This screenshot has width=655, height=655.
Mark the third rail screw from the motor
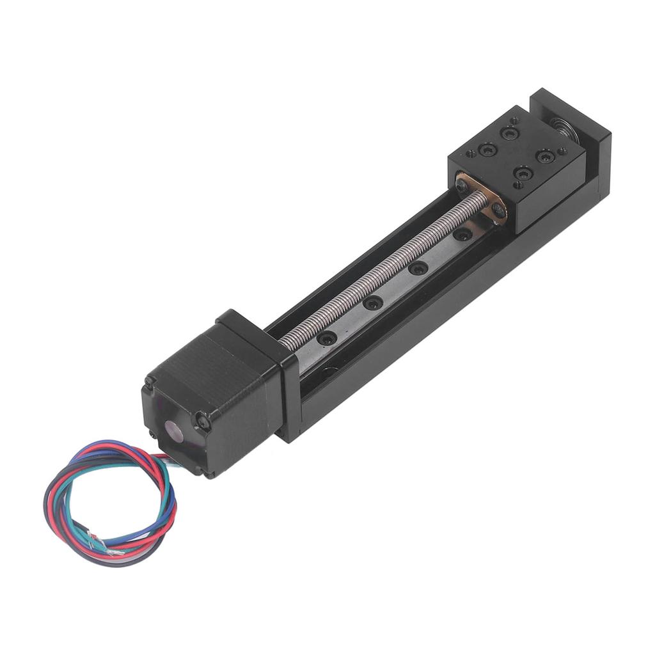point(418,268)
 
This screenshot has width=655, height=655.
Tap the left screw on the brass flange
point(462,185)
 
